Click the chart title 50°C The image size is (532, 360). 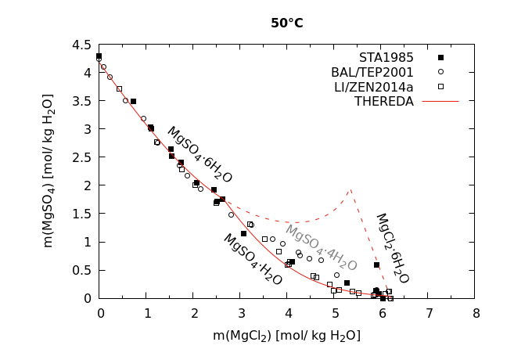[x=287, y=23]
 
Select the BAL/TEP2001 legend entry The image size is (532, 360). [x=372, y=72]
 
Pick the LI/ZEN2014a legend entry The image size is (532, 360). [x=372, y=87]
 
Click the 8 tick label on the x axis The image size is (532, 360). [x=476, y=313]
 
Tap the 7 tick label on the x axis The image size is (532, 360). [x=429, y=313]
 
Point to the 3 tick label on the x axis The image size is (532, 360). [x=241, y=313]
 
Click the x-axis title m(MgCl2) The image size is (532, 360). [x=286, y=336]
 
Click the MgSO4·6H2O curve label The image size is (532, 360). [x=199, y=155]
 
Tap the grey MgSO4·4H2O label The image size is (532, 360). [x=321, y=247]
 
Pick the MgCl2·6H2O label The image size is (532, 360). [x=392, y=248]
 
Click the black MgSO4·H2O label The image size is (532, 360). [x=252, y=259]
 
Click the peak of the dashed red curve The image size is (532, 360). [x=350, y=189]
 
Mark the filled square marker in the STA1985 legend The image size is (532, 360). [x=440, y=58]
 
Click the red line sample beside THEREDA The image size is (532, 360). [x=440, y=101]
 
